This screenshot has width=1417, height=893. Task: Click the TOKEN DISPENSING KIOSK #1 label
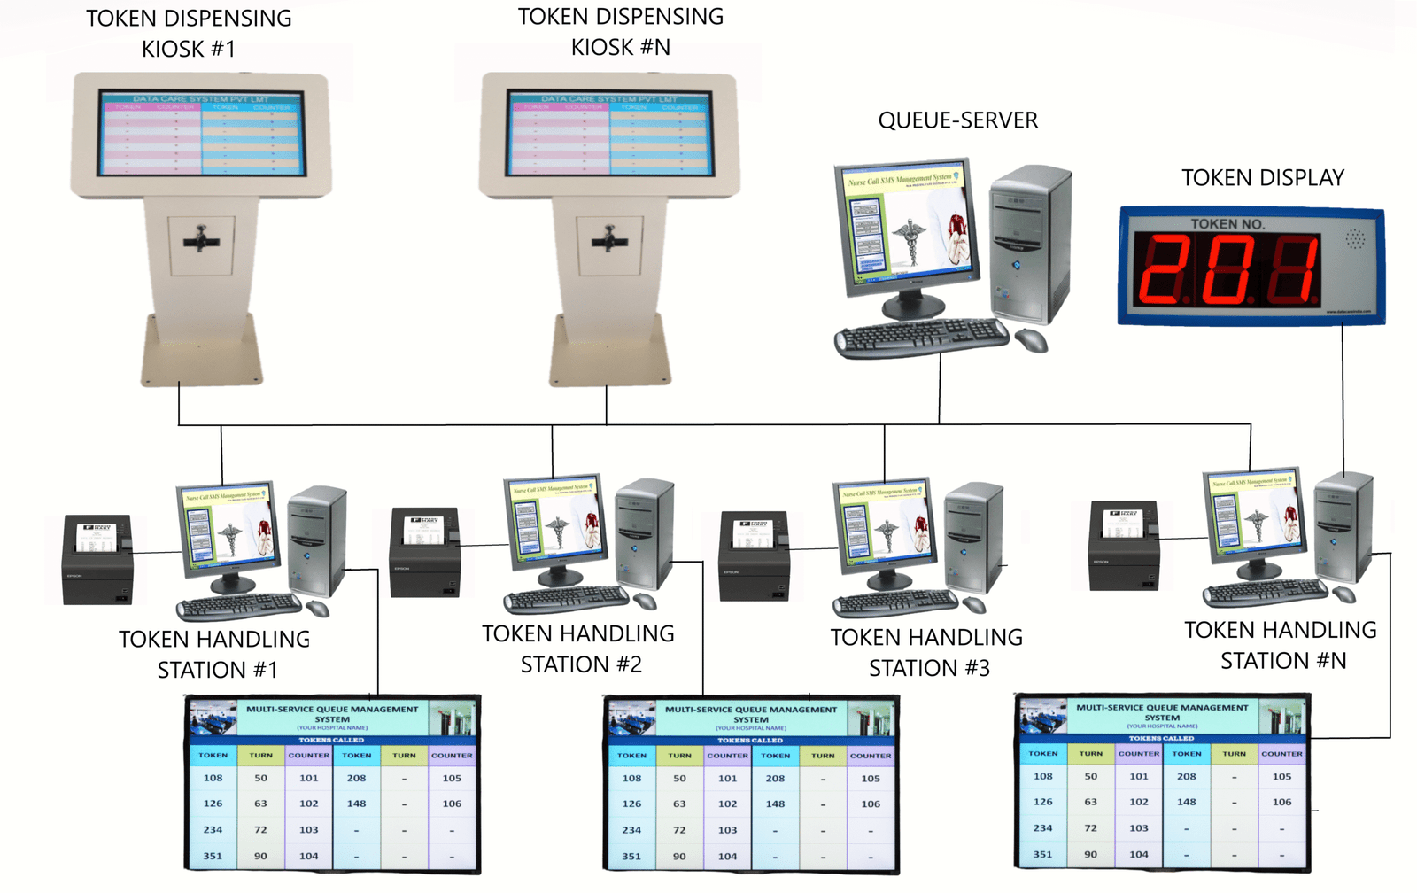[189, 34]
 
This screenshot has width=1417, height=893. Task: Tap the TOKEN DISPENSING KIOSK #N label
[621, 32]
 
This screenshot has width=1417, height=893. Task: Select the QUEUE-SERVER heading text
[957, 120]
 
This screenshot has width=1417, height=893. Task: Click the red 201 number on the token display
[1227, 268]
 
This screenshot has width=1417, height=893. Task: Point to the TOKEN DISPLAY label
[1262, 178]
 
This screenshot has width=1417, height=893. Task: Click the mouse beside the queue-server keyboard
[1031, 339]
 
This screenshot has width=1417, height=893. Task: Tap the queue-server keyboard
[921, 338]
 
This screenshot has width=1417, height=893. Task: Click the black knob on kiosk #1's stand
[202, 240]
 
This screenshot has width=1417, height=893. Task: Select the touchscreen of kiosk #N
[609, 132]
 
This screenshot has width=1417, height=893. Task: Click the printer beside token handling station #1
[97, 561]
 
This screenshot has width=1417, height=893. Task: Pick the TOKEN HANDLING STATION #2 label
[579, 649]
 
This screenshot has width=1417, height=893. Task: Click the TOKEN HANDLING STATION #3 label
[927, 653]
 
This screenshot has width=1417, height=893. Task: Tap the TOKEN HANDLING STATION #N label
[1281, 645]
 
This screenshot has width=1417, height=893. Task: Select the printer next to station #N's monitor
[1124, 545]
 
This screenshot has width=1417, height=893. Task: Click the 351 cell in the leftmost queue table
[213, 856]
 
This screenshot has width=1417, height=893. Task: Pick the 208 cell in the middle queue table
[775, 779]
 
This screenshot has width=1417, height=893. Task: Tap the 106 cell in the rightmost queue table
[1281, 802]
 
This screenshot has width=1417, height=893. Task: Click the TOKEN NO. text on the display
[1227, 224]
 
